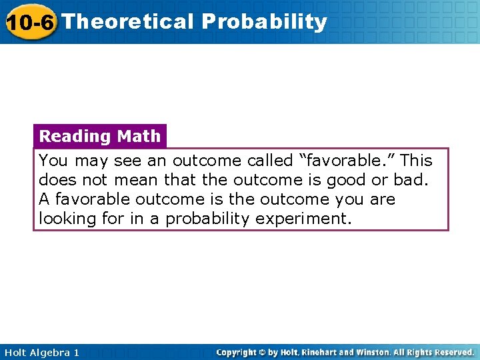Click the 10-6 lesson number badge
click(x=29, y=22)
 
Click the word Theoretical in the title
click(x=128, y=21)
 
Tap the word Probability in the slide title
click(x=265, y=22)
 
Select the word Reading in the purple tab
click(x=75, y=136)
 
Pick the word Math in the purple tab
click(x=139, y=136)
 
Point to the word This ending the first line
click(x=417, y=161)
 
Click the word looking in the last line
click(x=68, y=219)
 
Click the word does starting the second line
click(x=55, y=180)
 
